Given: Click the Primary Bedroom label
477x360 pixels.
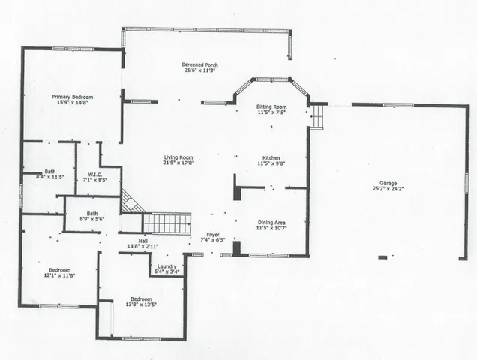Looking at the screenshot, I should [72, 97].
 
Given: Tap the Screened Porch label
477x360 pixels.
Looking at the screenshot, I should [199, 65].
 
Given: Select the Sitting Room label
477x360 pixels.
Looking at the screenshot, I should [271, 108].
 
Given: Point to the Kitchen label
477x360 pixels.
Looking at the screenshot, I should [271, 158].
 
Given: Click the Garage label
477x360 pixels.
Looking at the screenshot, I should [388, 183].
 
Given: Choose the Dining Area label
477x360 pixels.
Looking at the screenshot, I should [271, 223].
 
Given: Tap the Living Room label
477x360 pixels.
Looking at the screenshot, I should [178, 157].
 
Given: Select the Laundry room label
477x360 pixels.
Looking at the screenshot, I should [166, 267].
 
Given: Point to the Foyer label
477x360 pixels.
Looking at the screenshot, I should [213, 235].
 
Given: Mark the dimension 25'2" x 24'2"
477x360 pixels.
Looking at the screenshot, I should [388, 189].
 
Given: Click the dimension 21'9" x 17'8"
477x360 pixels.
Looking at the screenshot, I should [178, 163].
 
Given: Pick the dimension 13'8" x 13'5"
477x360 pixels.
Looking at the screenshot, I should [141, 305].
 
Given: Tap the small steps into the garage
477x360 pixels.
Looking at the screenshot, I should [318, 117].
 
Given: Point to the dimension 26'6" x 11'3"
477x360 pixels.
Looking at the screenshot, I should [199, 71].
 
